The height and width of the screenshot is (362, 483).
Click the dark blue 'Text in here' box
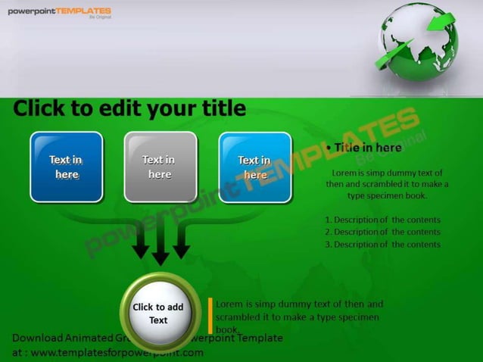[x=67, y=167]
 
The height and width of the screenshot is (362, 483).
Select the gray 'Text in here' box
[x=160, y=167]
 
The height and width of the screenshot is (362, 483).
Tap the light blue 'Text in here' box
[x=255, y=167]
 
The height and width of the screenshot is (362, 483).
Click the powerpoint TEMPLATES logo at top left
[x=60, y=12]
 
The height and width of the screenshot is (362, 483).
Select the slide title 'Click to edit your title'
[x=129, y=109]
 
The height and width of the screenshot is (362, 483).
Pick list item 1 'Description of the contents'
[x=382, y=220]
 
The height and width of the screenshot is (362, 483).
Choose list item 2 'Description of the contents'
[x=382, y=232]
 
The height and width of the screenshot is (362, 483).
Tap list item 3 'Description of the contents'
[x=382, y=244]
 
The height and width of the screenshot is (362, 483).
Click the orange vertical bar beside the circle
[x=210, y=316]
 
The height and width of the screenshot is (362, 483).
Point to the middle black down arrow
[x=160, y=251]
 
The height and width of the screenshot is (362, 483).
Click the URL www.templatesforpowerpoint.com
[x=117, y=352]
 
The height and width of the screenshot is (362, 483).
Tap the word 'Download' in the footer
[x=37, y=338]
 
